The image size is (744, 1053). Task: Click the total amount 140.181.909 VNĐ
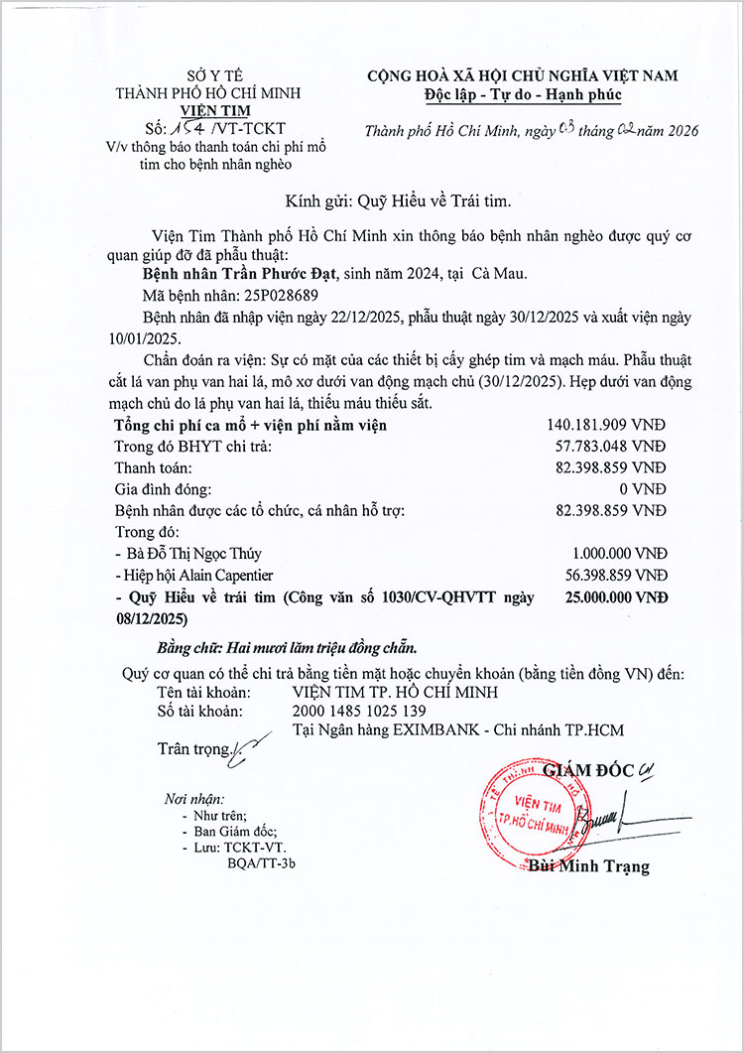coord(606,425)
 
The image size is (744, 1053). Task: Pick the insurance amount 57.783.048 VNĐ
coord(610,447)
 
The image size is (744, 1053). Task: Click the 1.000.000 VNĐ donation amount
coord(619,554)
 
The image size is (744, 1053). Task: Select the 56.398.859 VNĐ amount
coord(610,576)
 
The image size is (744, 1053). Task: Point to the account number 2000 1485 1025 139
coord(359,711)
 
